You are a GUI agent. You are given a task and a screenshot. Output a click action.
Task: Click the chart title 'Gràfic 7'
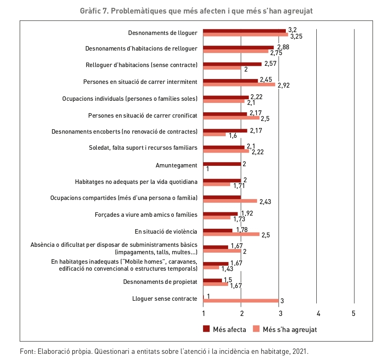pos(196,11)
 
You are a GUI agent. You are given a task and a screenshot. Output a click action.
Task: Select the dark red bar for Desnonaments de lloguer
pos(244,30)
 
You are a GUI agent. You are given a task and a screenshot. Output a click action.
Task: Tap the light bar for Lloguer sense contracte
pos(241,300)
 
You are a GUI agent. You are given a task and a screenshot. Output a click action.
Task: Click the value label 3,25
pos(296,36)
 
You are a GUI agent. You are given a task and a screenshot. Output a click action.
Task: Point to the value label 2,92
pos(284,86)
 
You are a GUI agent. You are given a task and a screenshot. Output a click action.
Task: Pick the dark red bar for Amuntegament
pos(222,164)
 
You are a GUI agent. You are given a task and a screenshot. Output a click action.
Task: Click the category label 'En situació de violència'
pos(166,231)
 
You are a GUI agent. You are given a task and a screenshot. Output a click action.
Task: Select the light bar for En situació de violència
pos(231,234)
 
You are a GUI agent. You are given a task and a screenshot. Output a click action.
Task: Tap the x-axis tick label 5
pos(354,314)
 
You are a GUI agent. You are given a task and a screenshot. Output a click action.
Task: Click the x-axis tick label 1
pos(203,314)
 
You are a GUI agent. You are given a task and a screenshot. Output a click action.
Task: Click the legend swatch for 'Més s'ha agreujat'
pos(256,329)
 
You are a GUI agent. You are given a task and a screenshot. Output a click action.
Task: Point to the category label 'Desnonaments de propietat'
pos(160,282)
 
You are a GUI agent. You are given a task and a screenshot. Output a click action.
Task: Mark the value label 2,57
pos(271,63)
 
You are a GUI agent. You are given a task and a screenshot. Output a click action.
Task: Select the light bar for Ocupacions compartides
pos(230,201)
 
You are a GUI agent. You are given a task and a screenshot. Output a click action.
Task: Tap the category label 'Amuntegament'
pos(176,165)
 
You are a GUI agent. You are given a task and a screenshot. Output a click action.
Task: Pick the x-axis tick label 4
pos(318,314)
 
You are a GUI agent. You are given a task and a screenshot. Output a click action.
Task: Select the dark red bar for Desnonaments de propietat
pos(213,281)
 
